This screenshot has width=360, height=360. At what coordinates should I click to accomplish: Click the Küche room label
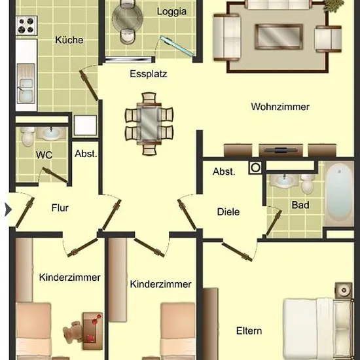tap(69, 40)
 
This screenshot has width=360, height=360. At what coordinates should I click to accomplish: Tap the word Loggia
tap(171, 12)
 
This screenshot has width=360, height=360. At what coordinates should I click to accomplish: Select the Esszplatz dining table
tap(149, 123)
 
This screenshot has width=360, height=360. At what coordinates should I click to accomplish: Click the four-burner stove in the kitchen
tap(26, 26)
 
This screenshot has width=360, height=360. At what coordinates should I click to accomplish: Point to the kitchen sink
tap(26, 84)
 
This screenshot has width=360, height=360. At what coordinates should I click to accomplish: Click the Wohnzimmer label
tap(280, 107)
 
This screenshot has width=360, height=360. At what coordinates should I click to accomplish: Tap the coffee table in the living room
tap(279, 37)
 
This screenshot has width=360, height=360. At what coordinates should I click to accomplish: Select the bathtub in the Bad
tap(339, 194)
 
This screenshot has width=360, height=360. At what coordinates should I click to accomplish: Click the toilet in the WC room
tap(27, 137)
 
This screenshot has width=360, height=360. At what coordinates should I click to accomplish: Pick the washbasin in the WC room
tap(51, 133)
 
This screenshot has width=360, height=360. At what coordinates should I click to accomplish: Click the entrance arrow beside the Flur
tap(8, 209)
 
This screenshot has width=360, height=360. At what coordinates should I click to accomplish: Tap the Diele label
tap(228, 211)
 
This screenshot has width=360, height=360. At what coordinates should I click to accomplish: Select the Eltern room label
tap(249, 331)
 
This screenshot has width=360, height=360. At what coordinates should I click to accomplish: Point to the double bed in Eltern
tap(317, 329)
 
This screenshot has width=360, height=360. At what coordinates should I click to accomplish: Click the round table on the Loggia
tap(128, 18)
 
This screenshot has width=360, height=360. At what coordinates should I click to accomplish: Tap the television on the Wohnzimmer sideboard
tap(280, 150)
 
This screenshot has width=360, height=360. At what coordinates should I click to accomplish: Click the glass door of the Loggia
tap(176, 46)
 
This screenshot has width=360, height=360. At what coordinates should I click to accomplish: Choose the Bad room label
tap(300, 205)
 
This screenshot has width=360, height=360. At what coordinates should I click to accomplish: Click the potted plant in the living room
tap(334, 5)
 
